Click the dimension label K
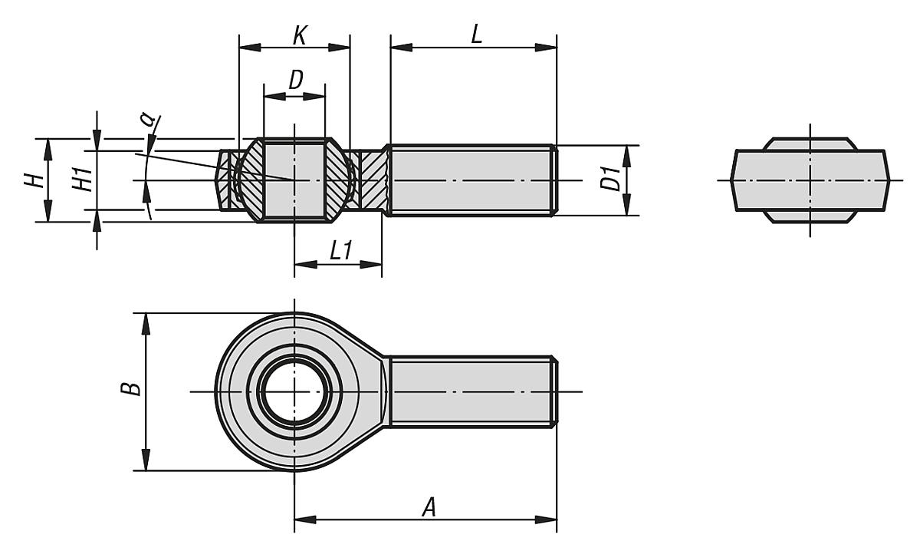[x=301, y=35]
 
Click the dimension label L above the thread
[x=476, y=35]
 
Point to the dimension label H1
[x=85, y=180]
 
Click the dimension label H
[x=31, y=180]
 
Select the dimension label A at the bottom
[x=430, y=506]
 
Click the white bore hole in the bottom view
[x=294, y=392]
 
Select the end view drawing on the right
[x=810, y=181]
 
